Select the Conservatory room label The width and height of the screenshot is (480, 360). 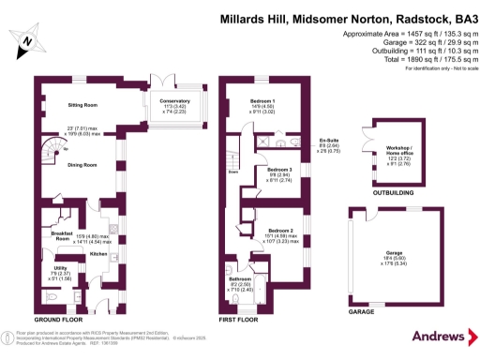click(174, 100)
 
